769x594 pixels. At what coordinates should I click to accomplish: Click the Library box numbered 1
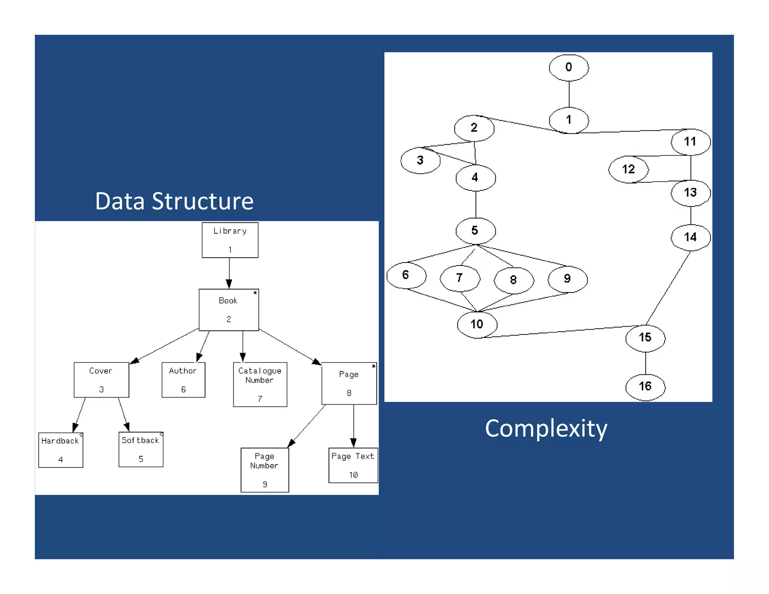(x=230, y=240)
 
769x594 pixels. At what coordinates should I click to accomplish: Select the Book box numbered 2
(x=229, y=310)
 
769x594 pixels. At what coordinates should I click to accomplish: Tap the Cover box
(x=101, y=380)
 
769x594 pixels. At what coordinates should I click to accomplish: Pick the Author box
(x=183, y=380)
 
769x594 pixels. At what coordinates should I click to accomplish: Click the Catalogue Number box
(x=260, y=384)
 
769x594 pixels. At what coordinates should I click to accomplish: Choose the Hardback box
(x=60, y=450)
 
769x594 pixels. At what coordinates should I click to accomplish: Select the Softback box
(x=141, y=449)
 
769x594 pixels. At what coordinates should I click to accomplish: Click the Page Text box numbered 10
(x=353, y=465)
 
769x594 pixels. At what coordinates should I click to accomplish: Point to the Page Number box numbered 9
(x=265, y=470)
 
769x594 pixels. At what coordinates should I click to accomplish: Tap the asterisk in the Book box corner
(x=255, y=293)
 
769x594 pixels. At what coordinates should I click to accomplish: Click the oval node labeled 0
(x=568, y=68)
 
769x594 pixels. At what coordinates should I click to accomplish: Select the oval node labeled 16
(x=645, y=387)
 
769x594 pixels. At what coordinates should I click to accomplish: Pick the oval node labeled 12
(x=628, y=169)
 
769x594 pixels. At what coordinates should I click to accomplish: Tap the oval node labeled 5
(x=475, y=231)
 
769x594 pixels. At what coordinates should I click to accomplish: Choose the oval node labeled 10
(x=477, y=324)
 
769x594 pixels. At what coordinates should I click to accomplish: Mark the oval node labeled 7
(x=460, y=278)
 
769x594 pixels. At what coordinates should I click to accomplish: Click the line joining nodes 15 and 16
(x=645, y=363)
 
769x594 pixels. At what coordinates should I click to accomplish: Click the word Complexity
(x=546, y=428)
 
